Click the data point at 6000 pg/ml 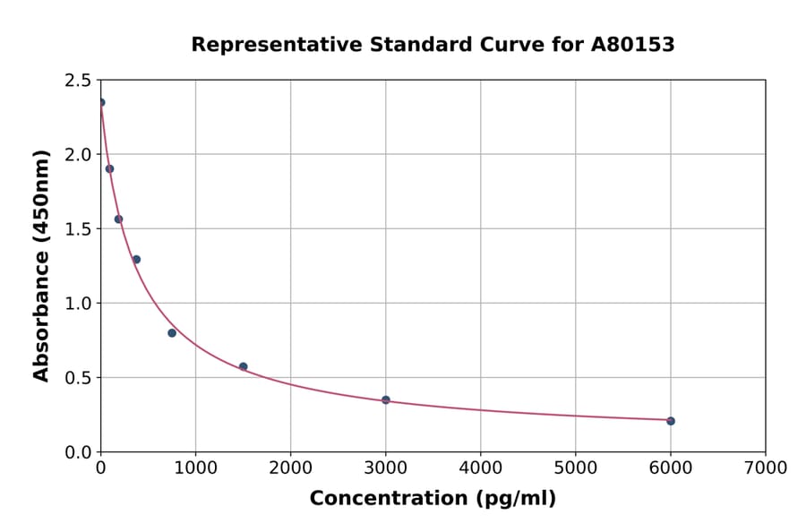(x=671, y=421)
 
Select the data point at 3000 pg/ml (x=386, y=399)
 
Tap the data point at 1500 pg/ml (x=244, y=366)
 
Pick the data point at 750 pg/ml (x=172, y=333)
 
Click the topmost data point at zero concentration (x=101, y=102)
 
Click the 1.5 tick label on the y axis (x=79, y=229)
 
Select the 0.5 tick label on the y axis (x=79, y=378)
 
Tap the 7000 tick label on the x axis (x=765, y=468)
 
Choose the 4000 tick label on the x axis (x=480, y=468)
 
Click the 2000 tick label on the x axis (x=290, y=468)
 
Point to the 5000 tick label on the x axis (x=575, y=468)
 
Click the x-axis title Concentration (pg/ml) (x=433, y=499)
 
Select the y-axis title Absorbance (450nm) (x=41, y=266)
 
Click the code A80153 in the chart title (x=633, y=45)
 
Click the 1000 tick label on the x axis (x=195, y=468)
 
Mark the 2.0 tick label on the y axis (x=79, y=155)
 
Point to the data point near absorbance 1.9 (x=109, y=168)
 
